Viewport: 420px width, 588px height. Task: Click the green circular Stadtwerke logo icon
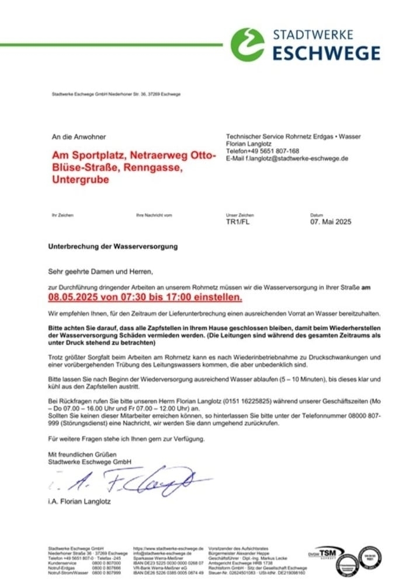pos(247,44)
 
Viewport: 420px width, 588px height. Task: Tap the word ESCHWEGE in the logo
pos(327,54)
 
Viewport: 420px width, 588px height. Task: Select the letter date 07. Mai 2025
pos(331,222)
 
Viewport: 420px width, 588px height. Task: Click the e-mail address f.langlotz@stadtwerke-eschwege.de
pos(287,158)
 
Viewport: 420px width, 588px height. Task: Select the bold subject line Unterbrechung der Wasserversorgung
pos(113,247)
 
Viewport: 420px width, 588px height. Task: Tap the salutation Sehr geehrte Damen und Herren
pos(100,272)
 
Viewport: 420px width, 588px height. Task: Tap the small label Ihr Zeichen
pos(63,216)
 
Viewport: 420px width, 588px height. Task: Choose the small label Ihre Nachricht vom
pos(154,216)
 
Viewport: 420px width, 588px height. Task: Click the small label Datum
pos(317,216)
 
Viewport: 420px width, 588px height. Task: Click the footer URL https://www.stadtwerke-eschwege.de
pos(168,549)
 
